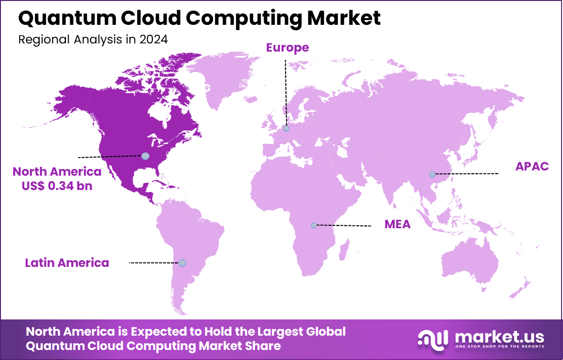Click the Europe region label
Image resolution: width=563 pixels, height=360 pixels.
pyautogui.click(x=287, y=48)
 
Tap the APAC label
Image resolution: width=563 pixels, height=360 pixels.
pyautogui.click(x=532, y=167)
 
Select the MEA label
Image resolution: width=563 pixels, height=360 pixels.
pyautogui.click(x=397, y=224)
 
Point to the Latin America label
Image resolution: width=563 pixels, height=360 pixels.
pyautogui.click(x=67, y=263)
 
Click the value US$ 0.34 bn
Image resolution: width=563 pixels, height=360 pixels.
pyautogui.click(x=57, y=186)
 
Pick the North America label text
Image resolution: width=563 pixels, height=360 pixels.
pyautogui.click(x=57, y=172)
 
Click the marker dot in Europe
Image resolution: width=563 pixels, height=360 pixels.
pyautogui.click(x=286, y=128)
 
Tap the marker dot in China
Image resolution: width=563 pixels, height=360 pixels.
pyautogui.click(x=432, y=174)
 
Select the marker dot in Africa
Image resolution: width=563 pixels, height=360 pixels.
pyautogui.click(x=314, y=225)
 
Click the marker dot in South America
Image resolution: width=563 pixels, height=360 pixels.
pyautogui.click(x=182, y=263)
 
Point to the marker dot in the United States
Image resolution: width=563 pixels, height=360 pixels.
pyautogui.click(x=145, y=156)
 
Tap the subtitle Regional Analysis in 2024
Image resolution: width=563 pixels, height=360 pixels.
pyautogui.click(x=93, y=39)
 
